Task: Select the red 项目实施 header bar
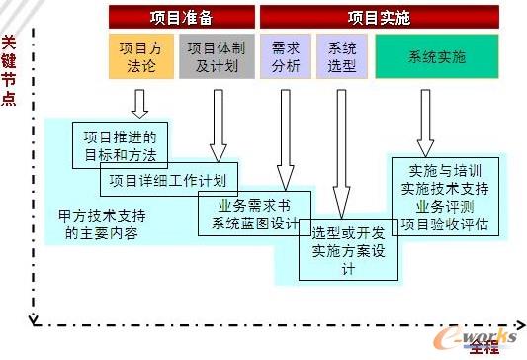(379, 18)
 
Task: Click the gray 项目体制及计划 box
(214, 56)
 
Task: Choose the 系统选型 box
(342, 56)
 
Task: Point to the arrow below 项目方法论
(139, 102)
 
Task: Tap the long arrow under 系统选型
(342, 148)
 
